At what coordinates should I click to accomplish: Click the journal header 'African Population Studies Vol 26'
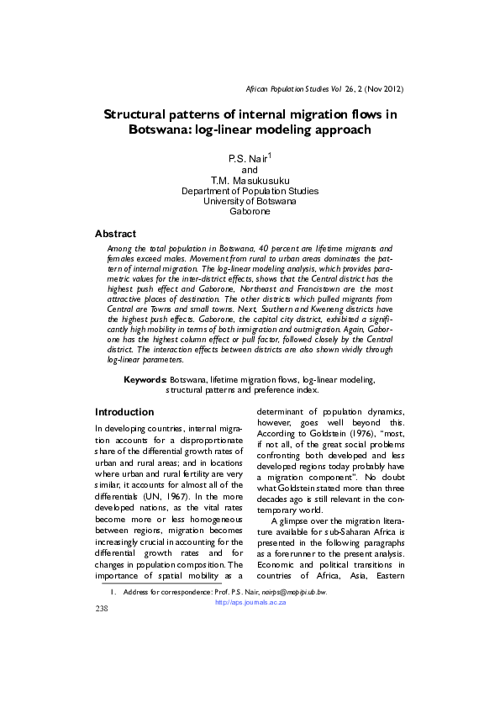pos(305,88)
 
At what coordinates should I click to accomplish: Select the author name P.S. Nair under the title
pos(247,159)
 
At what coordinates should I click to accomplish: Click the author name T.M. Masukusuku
pos(250,180)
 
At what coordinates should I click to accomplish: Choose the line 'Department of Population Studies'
pos(250,191)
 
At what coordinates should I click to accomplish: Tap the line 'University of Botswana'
pos(250,202)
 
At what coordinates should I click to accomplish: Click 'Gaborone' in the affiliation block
pos(250,212)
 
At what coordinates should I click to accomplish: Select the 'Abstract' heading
pos(115,233)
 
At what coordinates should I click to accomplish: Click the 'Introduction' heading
pos(124,412)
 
